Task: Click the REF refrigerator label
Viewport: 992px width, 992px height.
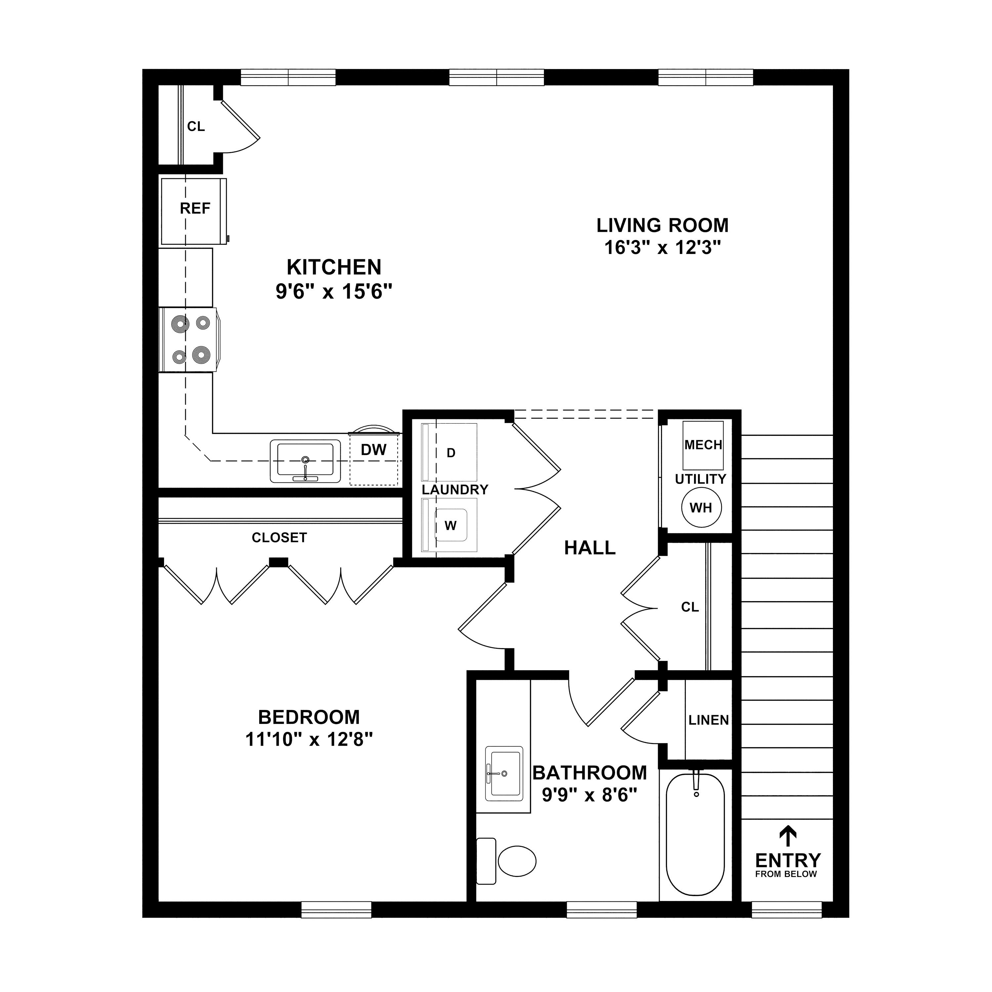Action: coord(195,208)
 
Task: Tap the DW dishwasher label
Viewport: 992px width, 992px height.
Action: coord(373,450)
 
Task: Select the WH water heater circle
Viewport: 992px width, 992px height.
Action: coord(701,508)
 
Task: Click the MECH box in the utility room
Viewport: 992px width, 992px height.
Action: coord(703,445)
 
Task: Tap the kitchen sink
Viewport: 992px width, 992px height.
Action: coord(306,461)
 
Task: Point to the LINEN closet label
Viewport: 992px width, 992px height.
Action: coord(709,721)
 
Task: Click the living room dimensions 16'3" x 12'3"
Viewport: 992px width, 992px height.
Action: coord(662,248)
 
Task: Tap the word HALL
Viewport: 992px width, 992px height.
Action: coord(590,548)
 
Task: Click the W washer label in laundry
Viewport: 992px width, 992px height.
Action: coord(450,525)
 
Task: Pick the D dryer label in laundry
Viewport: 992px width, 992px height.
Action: coord(451,453)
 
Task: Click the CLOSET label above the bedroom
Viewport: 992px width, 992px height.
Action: coord(279,538)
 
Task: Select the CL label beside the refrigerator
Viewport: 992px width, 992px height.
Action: coord(196,126)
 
